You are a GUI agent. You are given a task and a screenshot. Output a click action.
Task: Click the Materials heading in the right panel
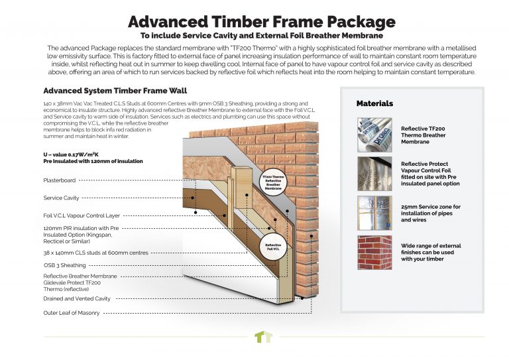(x=374, y=103)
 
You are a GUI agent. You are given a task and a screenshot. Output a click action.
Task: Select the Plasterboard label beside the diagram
(x=60, y=180)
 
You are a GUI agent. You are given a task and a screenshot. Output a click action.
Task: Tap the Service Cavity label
(x=63, y=198)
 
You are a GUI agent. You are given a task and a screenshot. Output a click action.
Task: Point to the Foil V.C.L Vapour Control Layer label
(x=82, y=215)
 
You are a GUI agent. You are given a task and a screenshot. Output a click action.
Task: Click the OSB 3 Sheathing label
(x=64, y=265)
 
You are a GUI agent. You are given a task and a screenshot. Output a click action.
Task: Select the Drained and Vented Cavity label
(x=77, y=299)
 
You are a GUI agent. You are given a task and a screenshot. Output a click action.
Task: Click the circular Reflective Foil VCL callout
(x=273, y=246)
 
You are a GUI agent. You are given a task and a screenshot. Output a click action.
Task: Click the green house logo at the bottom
(x=263, y=337)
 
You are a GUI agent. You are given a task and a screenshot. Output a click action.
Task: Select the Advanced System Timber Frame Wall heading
(x=108, y=91)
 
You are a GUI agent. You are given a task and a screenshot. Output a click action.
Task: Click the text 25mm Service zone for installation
(x=431, y=207)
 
